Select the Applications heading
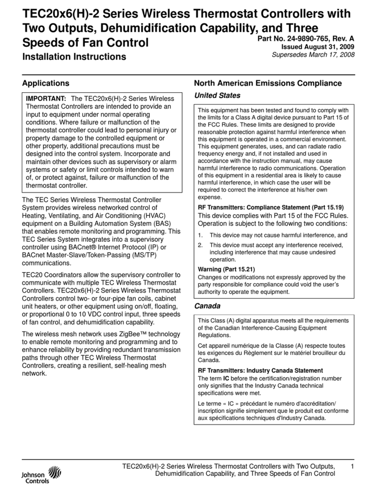46,83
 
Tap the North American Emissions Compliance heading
267,83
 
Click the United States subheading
217,96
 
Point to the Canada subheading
207,306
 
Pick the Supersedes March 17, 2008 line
313,55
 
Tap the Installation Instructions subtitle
74,57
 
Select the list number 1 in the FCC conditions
200,236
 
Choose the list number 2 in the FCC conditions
200,245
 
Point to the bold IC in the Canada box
226,378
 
